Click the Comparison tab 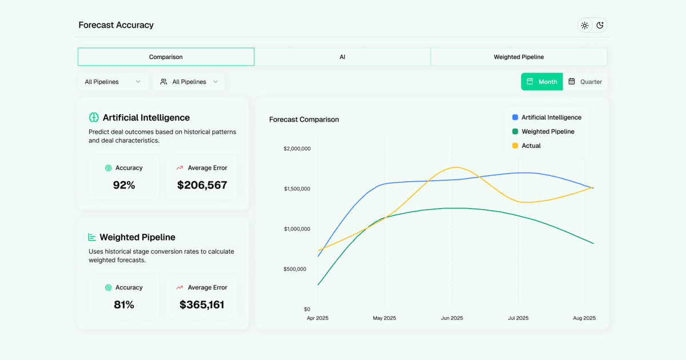166,57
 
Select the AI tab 342,57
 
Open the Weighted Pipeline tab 519,57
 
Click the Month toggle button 541,82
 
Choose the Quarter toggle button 585,82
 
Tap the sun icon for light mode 584,25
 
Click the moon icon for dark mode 600,25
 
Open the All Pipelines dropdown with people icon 189,82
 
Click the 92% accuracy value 124,185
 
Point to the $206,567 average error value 202,185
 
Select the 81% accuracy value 124,305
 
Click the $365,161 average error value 202,305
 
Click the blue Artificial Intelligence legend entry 547,117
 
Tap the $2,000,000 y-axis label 297,149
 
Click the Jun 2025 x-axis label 452,318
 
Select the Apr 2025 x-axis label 318,318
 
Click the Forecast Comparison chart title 304,119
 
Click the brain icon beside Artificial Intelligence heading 94,117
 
